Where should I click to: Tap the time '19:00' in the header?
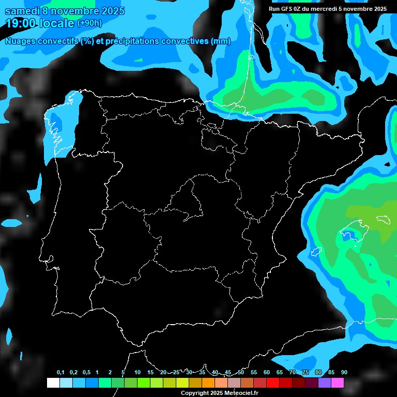tap(20, 23)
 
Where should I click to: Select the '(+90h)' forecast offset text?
tap(89, 23)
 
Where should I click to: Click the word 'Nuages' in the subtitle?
tap(20, 41)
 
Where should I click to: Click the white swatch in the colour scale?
tap(53, 383)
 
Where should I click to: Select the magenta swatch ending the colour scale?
tap(337, 383)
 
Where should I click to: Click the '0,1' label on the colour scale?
tap(60, 373)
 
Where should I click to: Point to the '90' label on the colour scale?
tap(344, 373)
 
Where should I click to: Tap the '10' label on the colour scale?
tap(138, 373)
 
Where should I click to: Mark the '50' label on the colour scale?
tap(241, 373)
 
